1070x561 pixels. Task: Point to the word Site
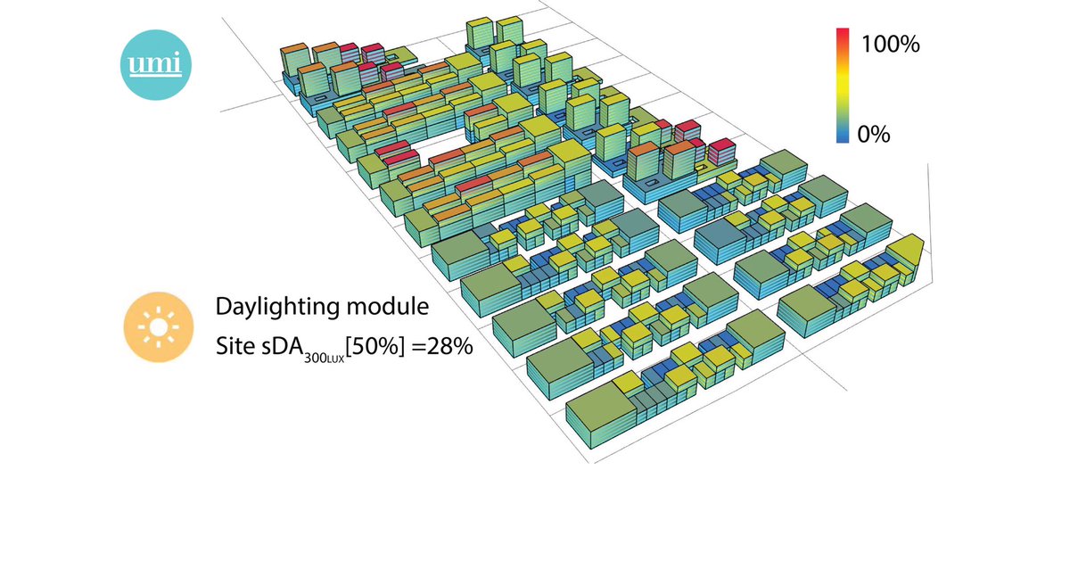click(235, 345)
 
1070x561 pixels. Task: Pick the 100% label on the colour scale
click(890, 45)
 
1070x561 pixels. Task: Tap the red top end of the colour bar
click(842, 36)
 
